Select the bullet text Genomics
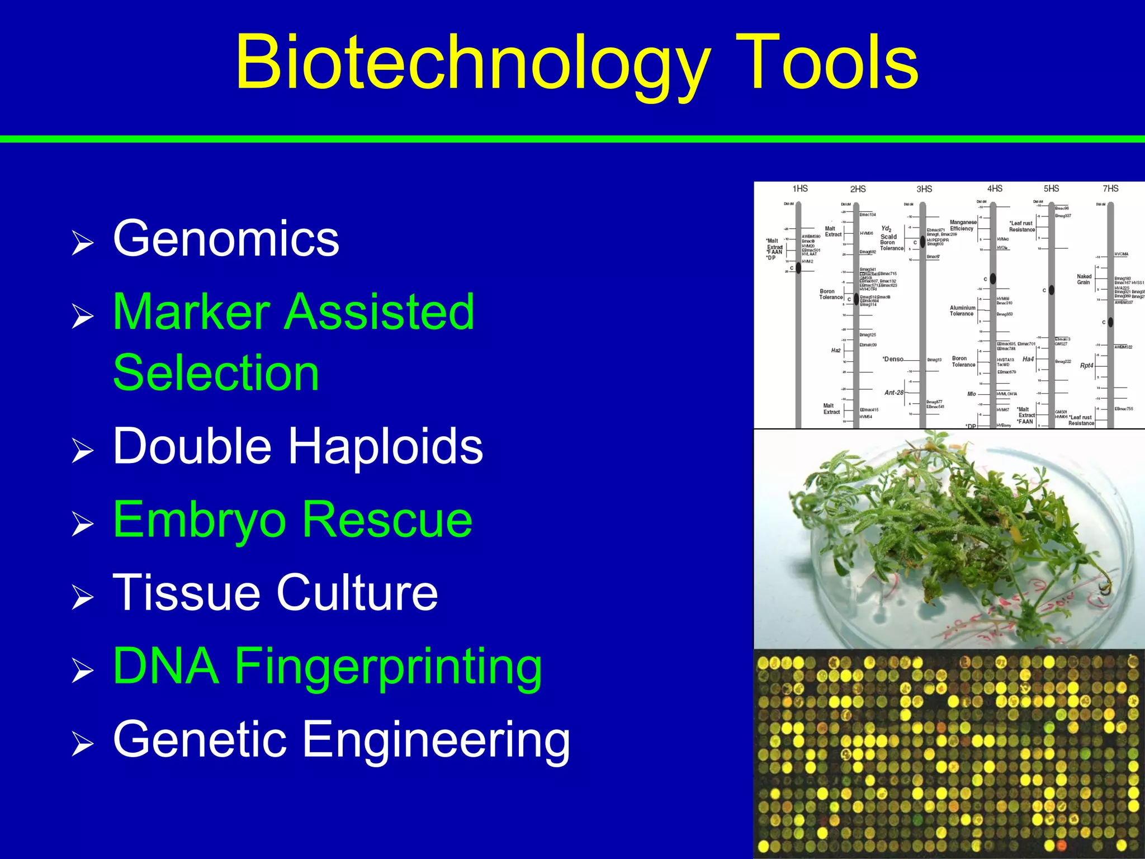pyautogui.click(x=226, y=239)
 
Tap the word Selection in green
pyautogui.click(x=216, y=373)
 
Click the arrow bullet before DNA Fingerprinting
pyautogui.click(x=82, y=671)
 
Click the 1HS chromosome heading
pyautogui.click(x=800, y=188)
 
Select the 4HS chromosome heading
pyautogui.click(x=995, y=188)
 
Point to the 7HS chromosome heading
pyautogui.click(x=1110, y=188)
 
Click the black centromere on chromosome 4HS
pyautogui.click(x=993, y=278)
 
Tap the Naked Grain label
pyautogui.click(x=1084, y=279)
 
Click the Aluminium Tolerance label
pyautogui.click(x=962, y=310)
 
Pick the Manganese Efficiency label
pyautogui.click(x=963, y=225)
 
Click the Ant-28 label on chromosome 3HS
pyautogui.click(x=893, y=393)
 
